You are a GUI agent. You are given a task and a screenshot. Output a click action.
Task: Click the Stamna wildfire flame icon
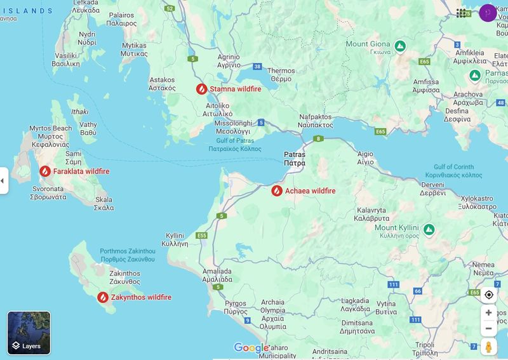201,89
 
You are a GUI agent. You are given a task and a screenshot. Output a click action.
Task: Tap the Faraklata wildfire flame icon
45,171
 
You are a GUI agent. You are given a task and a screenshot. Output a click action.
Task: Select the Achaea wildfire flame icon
277,190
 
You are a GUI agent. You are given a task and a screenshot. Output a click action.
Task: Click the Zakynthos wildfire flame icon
103,297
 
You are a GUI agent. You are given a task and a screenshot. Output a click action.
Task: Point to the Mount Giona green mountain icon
400,46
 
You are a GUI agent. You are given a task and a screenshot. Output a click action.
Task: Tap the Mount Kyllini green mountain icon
429,229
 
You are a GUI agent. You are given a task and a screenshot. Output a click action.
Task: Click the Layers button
29,333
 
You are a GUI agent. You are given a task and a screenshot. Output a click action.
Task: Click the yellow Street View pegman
488,347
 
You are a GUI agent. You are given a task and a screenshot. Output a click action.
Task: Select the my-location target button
488,295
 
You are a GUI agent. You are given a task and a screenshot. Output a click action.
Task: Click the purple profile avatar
488,13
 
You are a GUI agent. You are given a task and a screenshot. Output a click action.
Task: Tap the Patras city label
294,159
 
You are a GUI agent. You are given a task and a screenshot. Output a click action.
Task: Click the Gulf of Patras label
235,144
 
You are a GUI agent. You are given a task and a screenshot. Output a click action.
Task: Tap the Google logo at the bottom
251,347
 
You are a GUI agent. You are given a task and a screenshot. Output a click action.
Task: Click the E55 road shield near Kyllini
202,236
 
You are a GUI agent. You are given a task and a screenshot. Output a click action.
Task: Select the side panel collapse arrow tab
3,181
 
